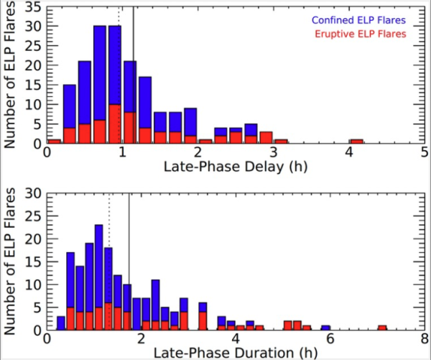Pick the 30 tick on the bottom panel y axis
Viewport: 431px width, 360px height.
(x=34, y=193)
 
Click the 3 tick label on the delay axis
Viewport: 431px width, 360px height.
(x=274, y=153)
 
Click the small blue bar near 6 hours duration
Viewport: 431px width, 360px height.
(x=325, y=328)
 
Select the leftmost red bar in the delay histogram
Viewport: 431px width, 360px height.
(x=54, y=142)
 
